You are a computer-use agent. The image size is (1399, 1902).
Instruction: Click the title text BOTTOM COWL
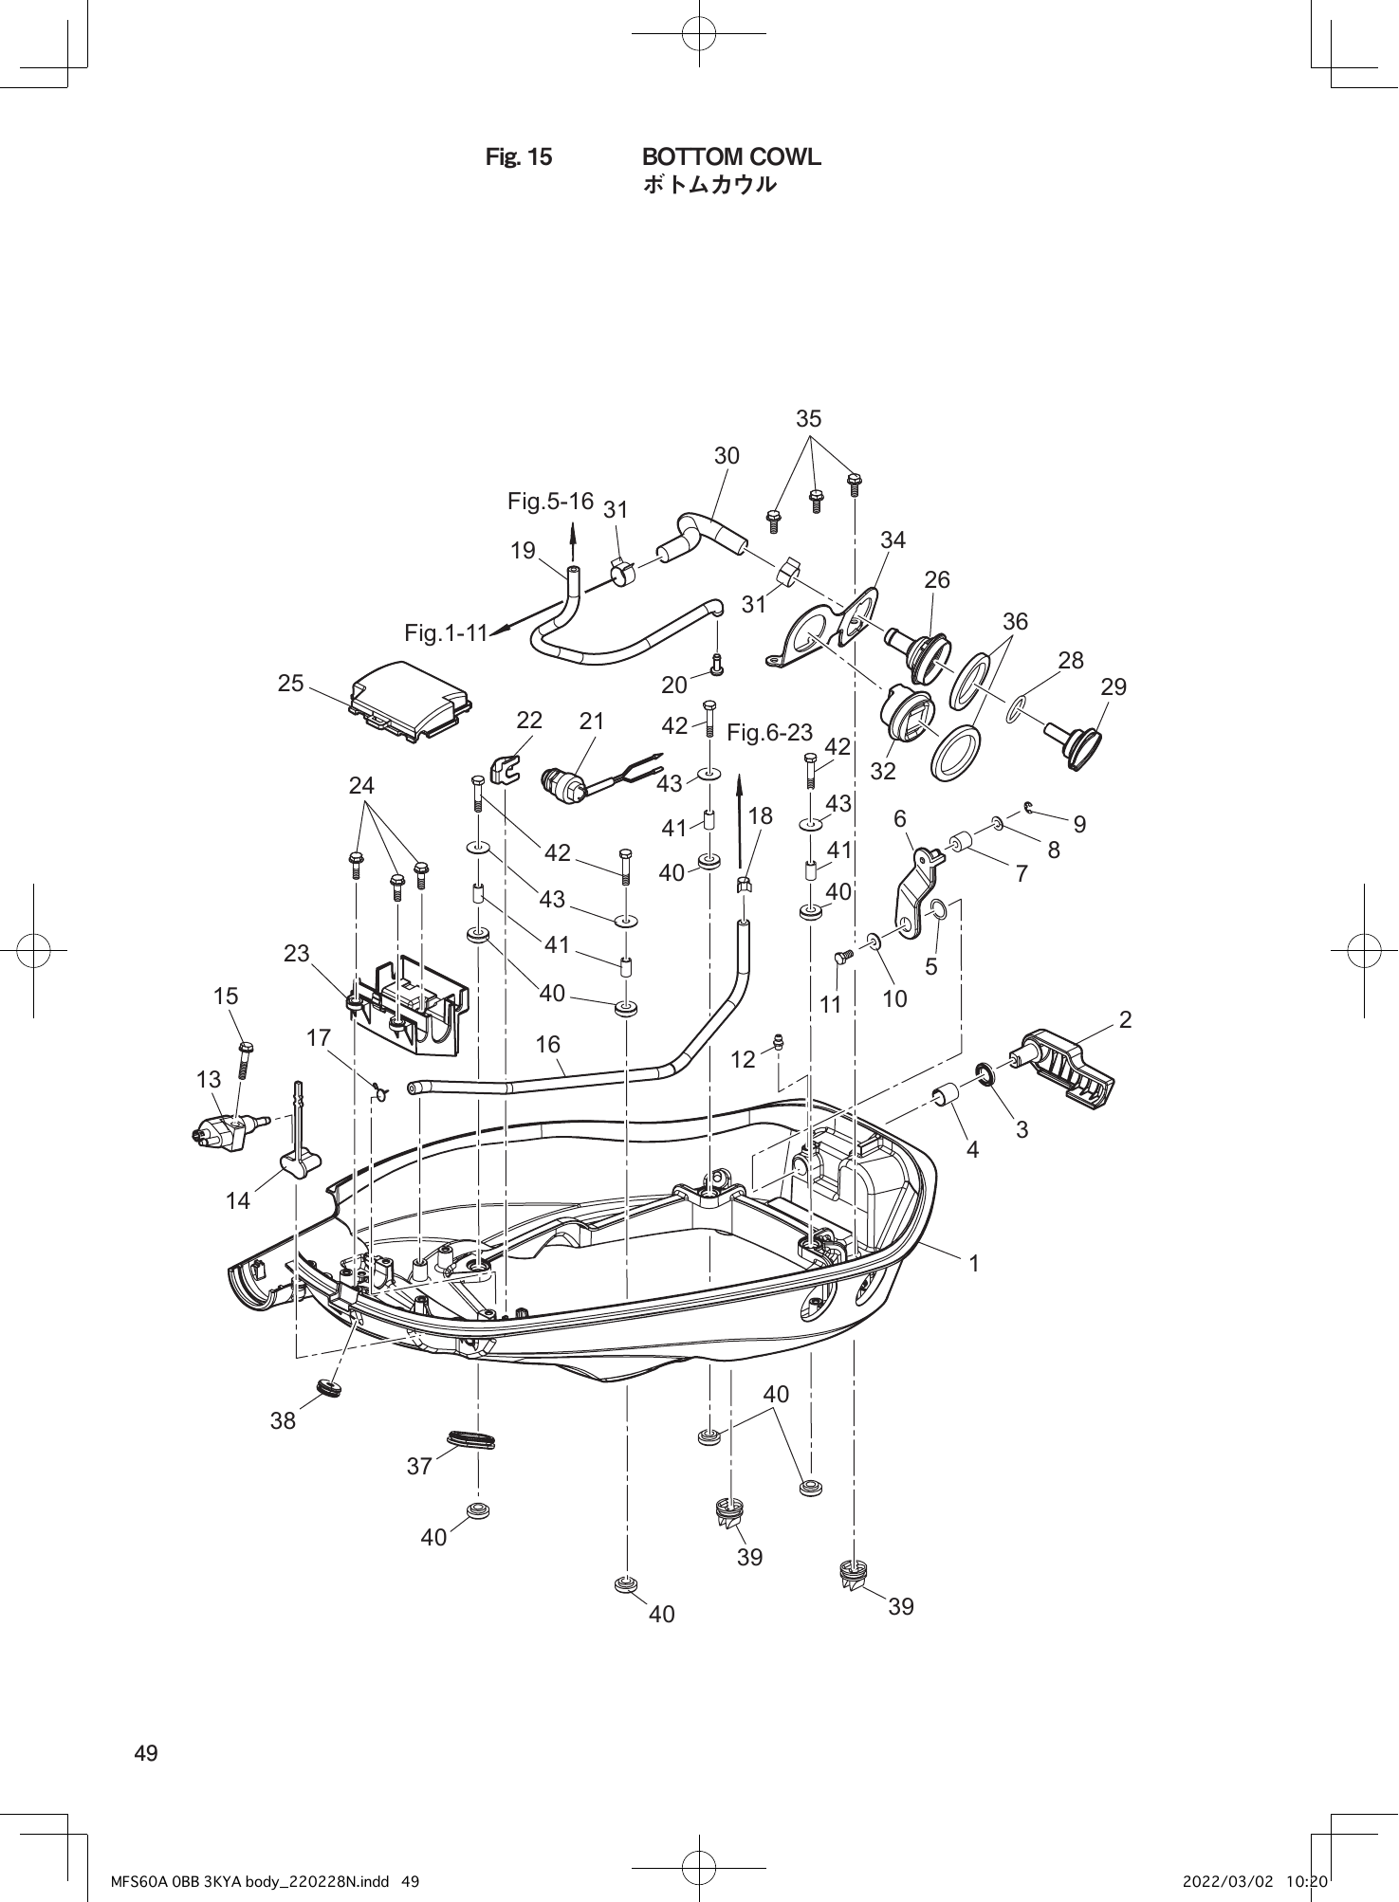pos(731,156)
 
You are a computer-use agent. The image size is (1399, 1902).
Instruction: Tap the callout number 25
pos(291,683)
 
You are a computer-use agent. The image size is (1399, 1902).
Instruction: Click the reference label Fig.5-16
pos(550,501)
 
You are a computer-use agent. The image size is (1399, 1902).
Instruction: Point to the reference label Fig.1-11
pos(445,632)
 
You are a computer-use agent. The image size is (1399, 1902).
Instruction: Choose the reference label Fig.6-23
pos(769,732)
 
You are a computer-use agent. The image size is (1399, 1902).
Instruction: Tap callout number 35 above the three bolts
pos(808,418)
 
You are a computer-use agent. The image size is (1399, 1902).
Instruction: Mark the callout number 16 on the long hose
pos(547,1044)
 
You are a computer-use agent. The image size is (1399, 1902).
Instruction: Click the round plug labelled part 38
pos(329,1388)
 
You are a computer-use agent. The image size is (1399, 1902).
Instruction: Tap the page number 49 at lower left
pos(146,1753)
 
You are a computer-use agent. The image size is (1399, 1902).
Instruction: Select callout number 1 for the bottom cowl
pos(972,1263)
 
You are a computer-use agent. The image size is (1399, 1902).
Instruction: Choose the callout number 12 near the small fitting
pos(743,1059)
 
